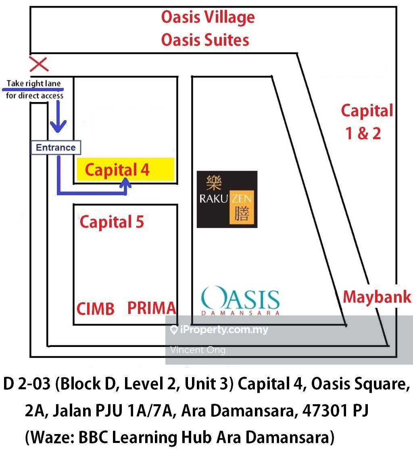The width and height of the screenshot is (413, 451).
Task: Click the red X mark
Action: tap(39, 64)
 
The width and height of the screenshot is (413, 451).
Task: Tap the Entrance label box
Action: tap(56, 148)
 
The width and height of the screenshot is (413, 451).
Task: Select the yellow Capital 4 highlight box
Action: tap(125, 169)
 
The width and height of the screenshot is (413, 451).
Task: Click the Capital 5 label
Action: tap(112, 222)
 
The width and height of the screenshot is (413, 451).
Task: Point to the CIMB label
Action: tap(95, 309)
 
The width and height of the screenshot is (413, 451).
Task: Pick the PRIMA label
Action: tap(152, 308)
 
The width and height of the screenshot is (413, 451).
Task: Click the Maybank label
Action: tap(377, 297)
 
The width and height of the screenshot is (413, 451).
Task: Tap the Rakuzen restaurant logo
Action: tap(227, 199)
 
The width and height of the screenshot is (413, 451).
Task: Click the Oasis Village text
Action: tap(208, 17)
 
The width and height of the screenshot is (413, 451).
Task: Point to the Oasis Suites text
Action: tap(205, 40)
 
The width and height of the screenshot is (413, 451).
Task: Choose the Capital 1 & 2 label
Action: tap(366, 121)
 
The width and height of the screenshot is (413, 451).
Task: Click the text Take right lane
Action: tap(34, 84)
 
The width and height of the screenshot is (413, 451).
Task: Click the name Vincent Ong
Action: tap(198, 350)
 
